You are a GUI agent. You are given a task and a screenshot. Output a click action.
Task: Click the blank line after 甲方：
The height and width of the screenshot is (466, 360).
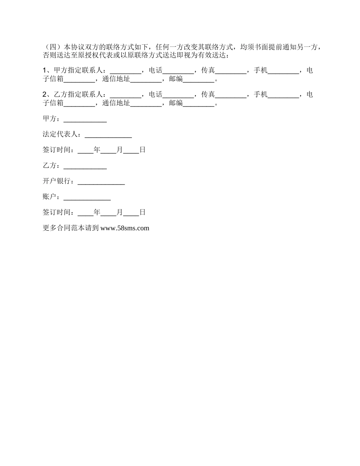pos(85,119)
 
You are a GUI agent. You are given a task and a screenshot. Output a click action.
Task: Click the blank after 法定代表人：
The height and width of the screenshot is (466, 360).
pos(108,135)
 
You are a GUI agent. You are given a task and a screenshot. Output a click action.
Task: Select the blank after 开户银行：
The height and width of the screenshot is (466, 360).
pos(101,181)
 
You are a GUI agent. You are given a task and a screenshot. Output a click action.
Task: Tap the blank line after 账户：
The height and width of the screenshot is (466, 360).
pos(87,197)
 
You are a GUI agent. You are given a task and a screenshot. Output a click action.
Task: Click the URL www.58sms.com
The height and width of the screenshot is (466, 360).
pos(125,228)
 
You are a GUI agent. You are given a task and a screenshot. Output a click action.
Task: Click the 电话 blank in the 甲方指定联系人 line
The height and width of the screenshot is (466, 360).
pos(178,71)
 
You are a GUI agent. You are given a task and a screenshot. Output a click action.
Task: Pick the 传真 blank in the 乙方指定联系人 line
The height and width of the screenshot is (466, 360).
pos(230,95)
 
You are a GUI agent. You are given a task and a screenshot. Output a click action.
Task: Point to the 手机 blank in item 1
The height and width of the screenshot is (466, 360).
pos(283,71)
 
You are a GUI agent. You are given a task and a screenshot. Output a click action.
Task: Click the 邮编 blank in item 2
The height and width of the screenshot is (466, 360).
pos(199,103)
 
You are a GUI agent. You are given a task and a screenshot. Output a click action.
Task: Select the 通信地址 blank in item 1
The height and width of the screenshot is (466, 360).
pos(146,80)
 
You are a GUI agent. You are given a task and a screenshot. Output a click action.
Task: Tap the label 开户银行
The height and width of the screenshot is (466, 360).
pos(56,181)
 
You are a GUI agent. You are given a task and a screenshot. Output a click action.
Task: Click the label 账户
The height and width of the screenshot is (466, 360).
pos(50,197)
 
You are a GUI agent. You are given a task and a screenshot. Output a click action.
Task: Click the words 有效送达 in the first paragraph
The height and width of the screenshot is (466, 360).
pos(211,55)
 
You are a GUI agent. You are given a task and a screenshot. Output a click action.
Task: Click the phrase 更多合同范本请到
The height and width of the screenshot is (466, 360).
pos(71,228)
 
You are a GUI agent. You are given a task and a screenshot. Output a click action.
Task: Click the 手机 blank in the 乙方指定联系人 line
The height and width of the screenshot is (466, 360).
pos(283,95)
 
